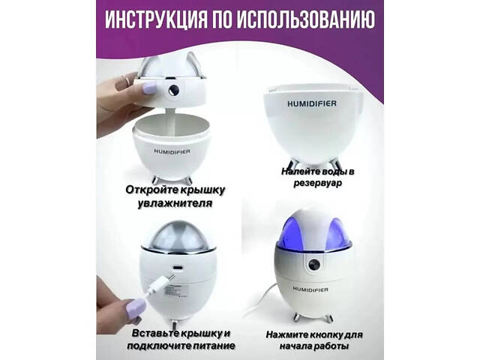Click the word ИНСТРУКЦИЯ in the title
click(155, 20)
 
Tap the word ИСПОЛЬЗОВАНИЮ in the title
click(305, 20)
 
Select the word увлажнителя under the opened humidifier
click(175, 203)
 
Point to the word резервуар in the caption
click(317, 183)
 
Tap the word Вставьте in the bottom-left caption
click(155, 333)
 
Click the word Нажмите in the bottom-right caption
click(286, 334)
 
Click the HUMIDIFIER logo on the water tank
click(312, 103)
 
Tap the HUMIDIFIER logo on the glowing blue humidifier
click(310, 289)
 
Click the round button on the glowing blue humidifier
click(314, 265)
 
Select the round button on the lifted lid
click(173, 90)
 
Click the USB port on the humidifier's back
click(178, 267)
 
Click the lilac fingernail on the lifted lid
click(150, 88)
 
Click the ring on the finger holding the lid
click(127, 80)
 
